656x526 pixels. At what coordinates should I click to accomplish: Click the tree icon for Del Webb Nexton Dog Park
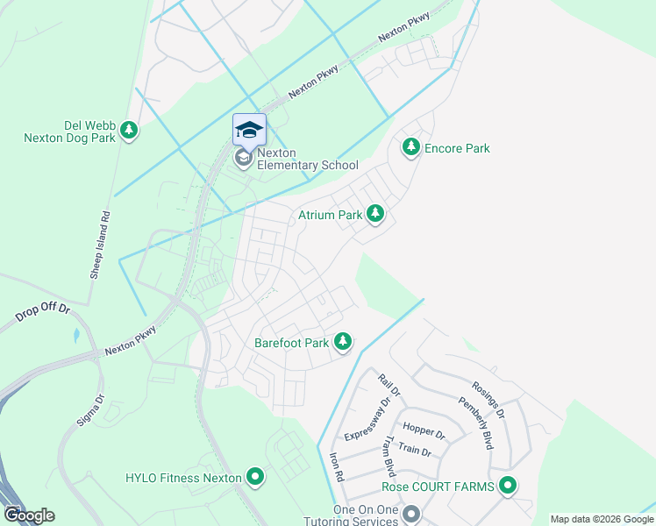[x=129, y=131]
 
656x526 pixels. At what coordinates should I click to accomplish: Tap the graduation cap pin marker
[x=249, y=131]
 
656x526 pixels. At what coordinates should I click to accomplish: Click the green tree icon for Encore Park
[x=410, y=147]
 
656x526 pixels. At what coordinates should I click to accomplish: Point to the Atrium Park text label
[x=330, y=215]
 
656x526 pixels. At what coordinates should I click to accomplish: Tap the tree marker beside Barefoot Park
[x=344, y=341]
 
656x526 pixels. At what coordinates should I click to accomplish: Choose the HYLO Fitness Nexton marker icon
[x=255, y=478]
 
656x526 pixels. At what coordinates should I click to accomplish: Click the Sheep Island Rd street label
[x=100, y=245]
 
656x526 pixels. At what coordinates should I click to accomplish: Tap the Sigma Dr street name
[x=90, y=409]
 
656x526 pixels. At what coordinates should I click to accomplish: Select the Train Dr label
[x=414, y=451]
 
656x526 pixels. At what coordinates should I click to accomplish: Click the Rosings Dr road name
[x=488, y=397]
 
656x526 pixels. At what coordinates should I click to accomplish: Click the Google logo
[x=29, y=515]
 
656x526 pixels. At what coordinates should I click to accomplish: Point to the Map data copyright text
[x=601, y=519]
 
